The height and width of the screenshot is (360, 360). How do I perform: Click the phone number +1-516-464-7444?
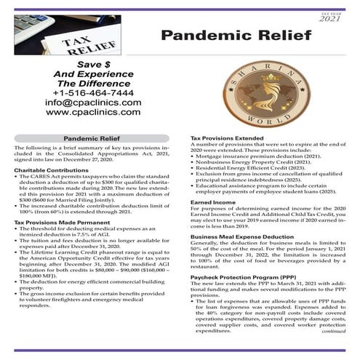point(92,93)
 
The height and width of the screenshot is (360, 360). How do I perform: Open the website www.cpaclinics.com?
point(92,113)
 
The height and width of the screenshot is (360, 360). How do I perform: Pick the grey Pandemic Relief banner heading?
point(92,136)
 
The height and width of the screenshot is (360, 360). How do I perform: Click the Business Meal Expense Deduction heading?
point(243,236)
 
